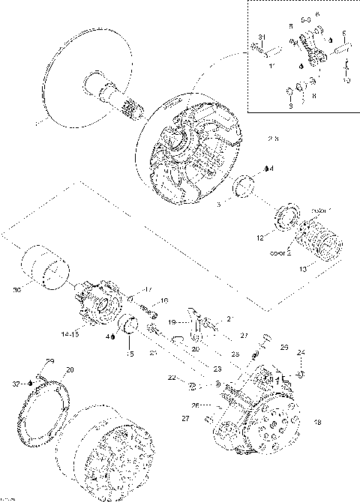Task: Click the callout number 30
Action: click(x=16, y=289)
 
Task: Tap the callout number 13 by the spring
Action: click(x=302, y=267)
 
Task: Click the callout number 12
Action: click(x=259, y=238)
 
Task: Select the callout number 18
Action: click(x=317, y=423)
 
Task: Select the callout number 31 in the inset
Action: click(x=262, y=37)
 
